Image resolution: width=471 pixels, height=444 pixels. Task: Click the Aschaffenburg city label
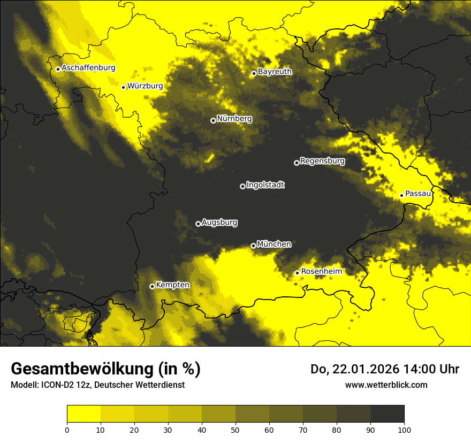pyautogui.click(x=88, y=68)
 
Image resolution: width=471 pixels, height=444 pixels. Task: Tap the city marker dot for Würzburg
pyautogui.click(x=123, y=87)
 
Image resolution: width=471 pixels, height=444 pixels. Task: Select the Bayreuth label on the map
pyautogui.click(x=275, y=72)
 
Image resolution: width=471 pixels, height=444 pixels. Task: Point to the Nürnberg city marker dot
pyautogui.click(x=213, y=120)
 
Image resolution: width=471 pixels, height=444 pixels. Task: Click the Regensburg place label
pyautogui.click(x=322, y=161)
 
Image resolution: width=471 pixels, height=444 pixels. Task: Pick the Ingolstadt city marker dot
pyautogui.click(x=242, y=186)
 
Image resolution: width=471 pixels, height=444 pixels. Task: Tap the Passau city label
pyautogui.click(x=418, y=194)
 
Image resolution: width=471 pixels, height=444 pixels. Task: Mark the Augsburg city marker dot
pyautogui.click(x=198, y=224)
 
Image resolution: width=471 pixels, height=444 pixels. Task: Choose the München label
pyautogui.click(x=274, y=244)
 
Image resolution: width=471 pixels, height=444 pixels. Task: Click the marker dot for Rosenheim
pyautogui.click(x=297, y=273)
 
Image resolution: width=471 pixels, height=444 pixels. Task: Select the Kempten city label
pyautogui.click(x=172, y=285)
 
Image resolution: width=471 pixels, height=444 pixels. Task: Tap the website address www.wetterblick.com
pyautogui.click(x=386, y=385)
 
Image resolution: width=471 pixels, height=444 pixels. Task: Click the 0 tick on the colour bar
pyautogui.click(x=67, y=429)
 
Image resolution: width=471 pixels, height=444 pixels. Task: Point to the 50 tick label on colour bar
pyautogui.click(x=236, y=429)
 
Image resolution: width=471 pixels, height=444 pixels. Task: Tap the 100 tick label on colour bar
pyautogui.click(x=404, y=429)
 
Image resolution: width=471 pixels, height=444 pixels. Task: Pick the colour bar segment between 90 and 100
pyautogui.click(x=387, y=414)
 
